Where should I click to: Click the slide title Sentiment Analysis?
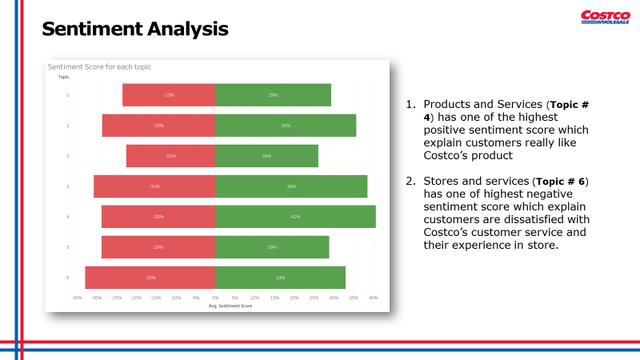coord(134,30)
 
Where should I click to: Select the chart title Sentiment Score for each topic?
coord(99,66)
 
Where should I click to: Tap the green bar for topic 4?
coord(295,217)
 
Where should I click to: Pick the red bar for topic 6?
coord(150,278)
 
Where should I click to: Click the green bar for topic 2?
coord(266,156)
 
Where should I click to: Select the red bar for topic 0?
coord(169,95)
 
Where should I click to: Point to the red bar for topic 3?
coord(154,186)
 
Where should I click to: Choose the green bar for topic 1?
coord(286,126)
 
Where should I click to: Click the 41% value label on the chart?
coord(295,217)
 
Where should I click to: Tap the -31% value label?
coord(154,186)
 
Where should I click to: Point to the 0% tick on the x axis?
coord(215,298)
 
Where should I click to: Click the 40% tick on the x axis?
coord(373,298)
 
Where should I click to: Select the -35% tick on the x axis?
coord(76,298)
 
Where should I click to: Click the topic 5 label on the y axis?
coord(67,247)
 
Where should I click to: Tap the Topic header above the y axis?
coord(63,77)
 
